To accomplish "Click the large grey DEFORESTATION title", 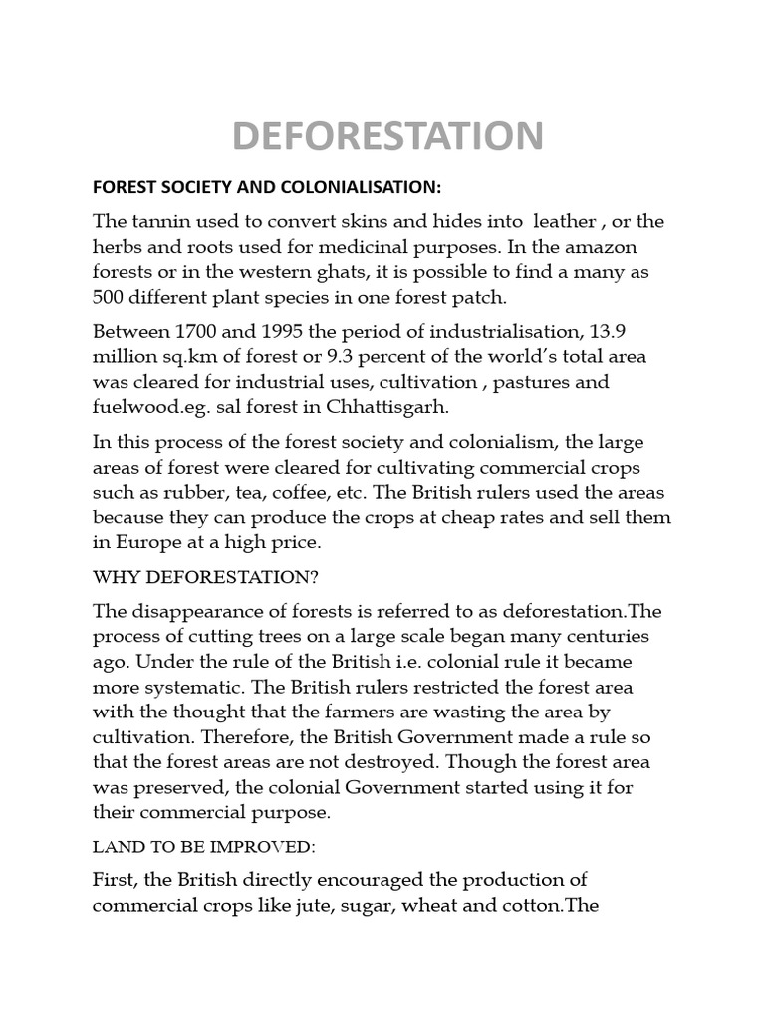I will (388, 135).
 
